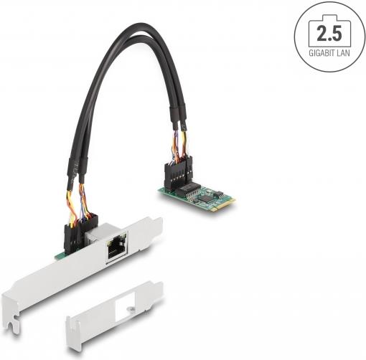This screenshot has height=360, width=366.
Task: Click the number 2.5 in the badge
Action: pos(329,34)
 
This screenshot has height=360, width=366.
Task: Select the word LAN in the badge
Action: pos(344,53)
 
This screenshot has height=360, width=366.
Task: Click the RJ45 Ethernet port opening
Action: pos(117,249)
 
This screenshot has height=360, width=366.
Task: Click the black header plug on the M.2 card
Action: pos(178,175)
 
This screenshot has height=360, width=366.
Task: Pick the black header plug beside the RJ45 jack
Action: pos(77,234)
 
